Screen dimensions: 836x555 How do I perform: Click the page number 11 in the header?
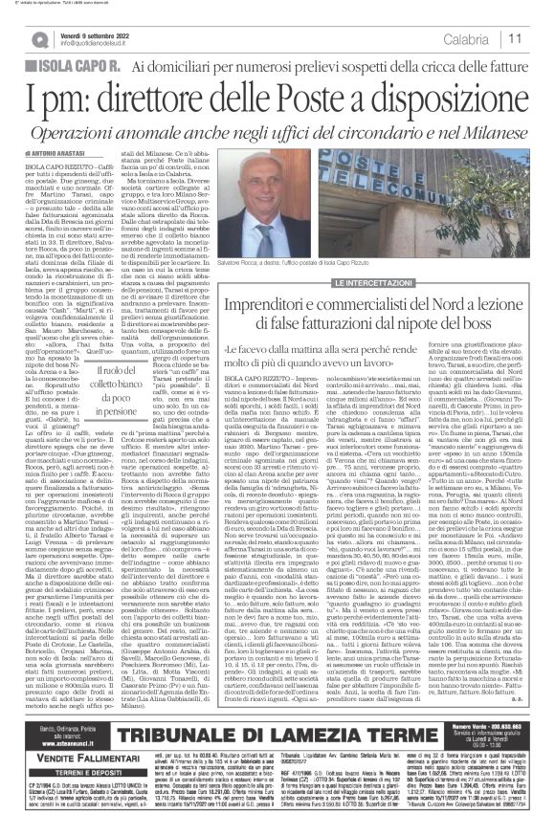(541, 39)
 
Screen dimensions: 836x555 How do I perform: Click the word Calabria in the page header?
(491, 39)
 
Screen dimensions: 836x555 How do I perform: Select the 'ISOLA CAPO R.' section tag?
(74, 63)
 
